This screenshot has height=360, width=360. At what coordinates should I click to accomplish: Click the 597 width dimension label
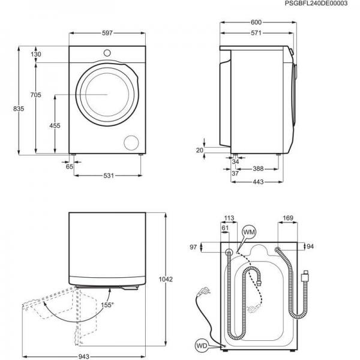[x=107, y=34]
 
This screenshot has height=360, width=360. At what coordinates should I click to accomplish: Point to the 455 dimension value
[x=55, y=125]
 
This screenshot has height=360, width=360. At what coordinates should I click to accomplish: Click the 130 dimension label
[x=36, y=55]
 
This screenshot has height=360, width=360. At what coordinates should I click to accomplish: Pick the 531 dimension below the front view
[x=107, y=176]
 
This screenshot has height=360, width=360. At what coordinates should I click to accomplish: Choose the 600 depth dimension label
[x=256, y=23]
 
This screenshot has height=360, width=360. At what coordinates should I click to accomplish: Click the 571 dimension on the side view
[x=256, y=34]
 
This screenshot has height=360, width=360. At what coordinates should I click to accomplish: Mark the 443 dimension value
[x=259, y=182]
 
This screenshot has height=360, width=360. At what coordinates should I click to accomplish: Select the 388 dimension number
[x=260, y=169]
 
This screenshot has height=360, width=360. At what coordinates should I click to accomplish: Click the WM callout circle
[x=248, y=232]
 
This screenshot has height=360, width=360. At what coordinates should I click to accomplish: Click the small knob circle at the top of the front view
[x=107, y=53]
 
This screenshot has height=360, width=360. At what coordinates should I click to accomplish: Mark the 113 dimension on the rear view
[x=228, y=218]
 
